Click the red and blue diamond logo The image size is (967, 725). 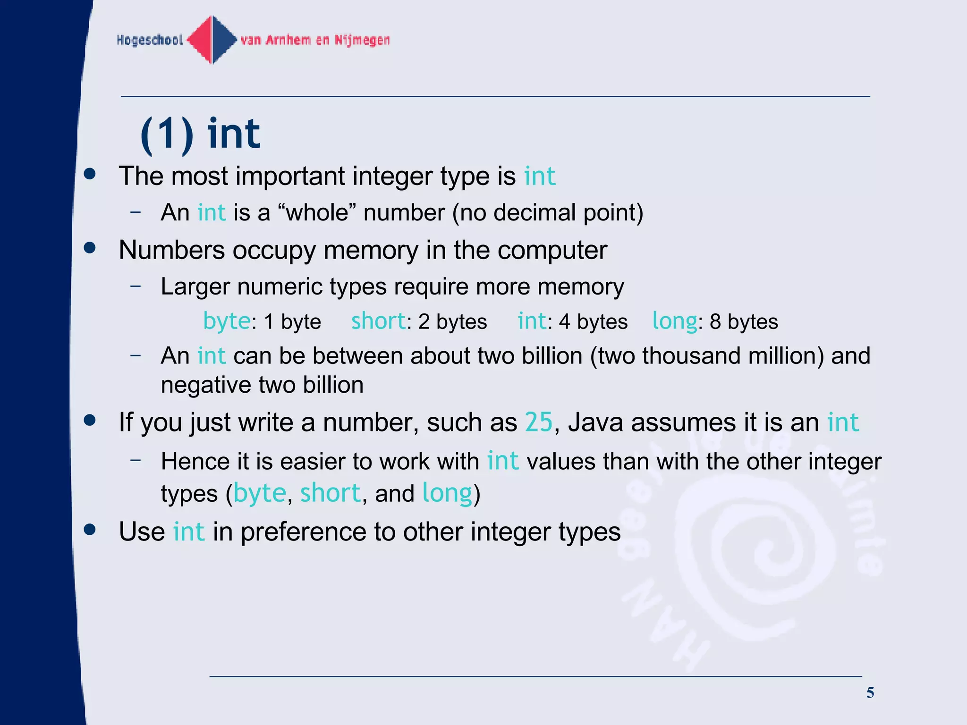212,40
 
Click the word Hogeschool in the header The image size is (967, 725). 150,40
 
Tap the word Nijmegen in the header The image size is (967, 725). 362,40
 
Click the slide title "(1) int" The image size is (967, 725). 200,134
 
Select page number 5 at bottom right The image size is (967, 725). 870,692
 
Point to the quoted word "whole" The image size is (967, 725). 317,213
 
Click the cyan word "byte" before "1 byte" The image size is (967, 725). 227,321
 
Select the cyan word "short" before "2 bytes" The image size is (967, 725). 378,321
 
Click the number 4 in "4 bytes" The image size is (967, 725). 565,322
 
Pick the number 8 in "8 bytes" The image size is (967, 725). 715,322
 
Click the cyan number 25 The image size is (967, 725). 538,422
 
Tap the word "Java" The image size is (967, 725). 596,422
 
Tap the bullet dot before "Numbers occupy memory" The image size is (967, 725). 90,248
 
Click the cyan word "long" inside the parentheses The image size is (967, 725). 447,493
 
